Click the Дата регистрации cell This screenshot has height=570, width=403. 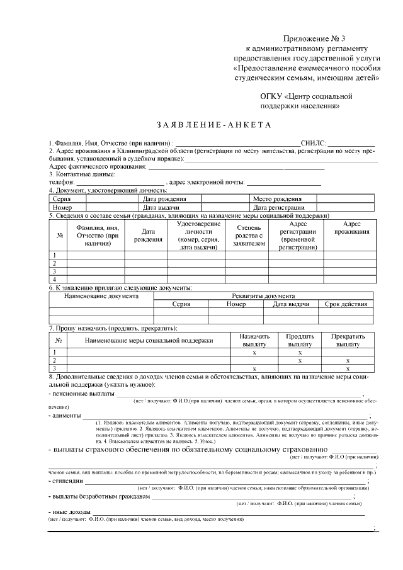(x=279, y=207)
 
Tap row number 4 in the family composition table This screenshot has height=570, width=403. (x=55, y=279)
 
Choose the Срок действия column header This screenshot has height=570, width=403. (x=345, y=304)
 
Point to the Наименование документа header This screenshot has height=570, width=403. (x=101, y=295)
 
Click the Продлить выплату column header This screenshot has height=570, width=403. (x=300, y=341)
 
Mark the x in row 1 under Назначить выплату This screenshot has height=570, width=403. (x=254, y=353)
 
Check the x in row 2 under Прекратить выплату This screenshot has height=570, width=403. (x=348, y=361)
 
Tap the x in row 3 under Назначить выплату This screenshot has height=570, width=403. (x=254, y=368)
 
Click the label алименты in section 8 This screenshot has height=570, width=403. (x=65, y=416)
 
